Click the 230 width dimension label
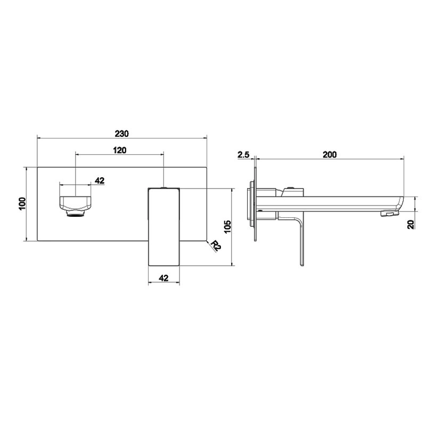121,134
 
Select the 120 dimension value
120,150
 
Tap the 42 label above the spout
100,181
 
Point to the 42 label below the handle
163,277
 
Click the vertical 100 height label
22,203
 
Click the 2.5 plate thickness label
243,154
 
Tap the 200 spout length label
330,154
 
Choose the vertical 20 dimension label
411,224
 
